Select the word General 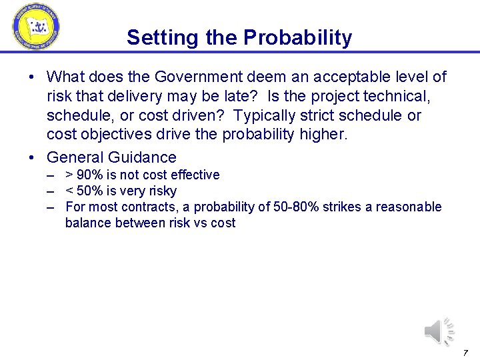[x=73, y=158]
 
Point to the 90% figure [x=91, y=175]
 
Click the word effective [x=194, y=175]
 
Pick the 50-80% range [x=293, y=207]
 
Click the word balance [x=89, y=223]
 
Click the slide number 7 [x=465, y=352]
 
